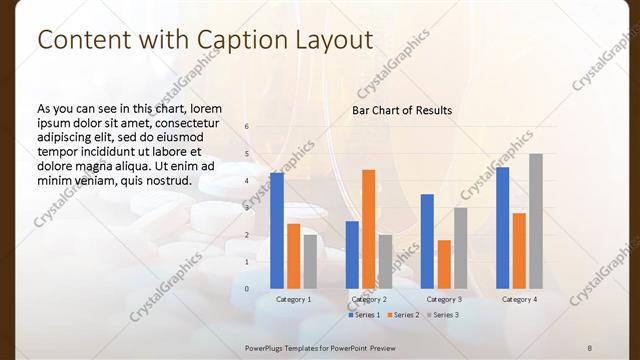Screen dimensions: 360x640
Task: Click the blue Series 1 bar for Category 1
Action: [277, 230]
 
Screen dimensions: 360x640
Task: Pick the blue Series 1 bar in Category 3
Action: [427, 240]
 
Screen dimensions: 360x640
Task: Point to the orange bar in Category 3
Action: [444, 263]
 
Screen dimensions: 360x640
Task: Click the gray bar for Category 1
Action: [310, 261]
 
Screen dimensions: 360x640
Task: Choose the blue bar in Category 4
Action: [502, 227]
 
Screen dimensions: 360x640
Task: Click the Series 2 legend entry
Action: [404, 315]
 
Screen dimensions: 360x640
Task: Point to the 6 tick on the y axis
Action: [247, 127]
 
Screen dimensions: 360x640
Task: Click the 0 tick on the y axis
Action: [247, 288]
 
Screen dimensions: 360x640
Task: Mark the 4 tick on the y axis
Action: [247, 181]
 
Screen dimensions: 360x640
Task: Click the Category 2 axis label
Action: [369, 299]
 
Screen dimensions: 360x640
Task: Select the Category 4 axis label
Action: [519, 299]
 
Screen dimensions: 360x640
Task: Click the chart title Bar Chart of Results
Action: [402, 110]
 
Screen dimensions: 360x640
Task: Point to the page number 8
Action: [590, 346]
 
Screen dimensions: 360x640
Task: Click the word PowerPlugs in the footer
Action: [268, 346]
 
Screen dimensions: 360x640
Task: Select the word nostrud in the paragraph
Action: [167, 180]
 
